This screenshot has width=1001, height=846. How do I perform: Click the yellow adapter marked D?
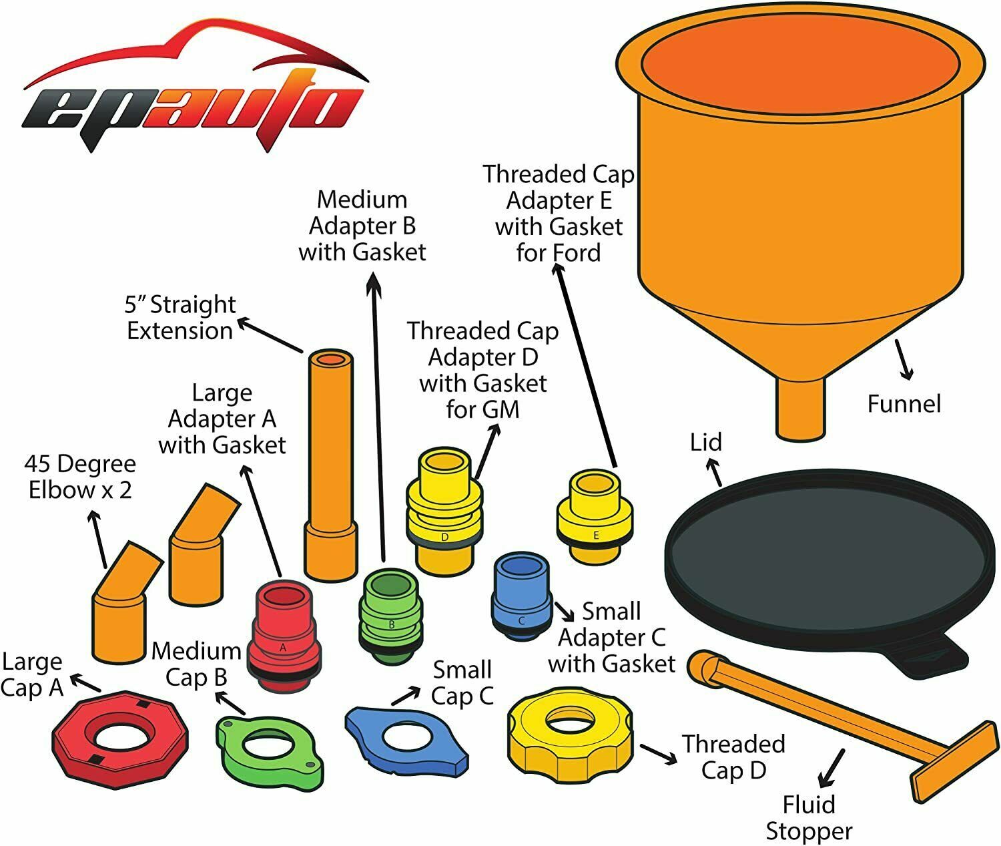[x=444, y=514]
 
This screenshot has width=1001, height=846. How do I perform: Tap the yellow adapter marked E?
[x=595, y=514]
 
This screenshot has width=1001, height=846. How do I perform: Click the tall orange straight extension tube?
[x=328, y=461]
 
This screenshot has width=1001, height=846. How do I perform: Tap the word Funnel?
[x=904, y=404]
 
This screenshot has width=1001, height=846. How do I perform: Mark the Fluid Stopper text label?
[x=809, y=818]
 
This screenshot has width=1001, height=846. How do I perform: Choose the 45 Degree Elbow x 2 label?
[x=79, y=477]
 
